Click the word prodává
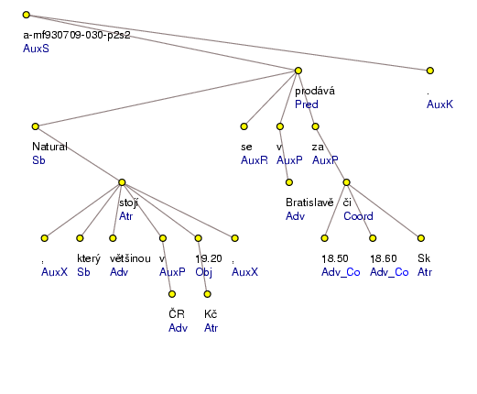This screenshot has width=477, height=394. tap(314, 91)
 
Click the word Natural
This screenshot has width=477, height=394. tap(50, 147)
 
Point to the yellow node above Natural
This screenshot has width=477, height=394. tap(35, 126)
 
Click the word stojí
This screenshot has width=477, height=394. tap(129, 202)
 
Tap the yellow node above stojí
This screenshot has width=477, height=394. tap(122, 182)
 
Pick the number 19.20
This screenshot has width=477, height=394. tap(210, 258)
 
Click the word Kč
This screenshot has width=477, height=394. tap(210, 313)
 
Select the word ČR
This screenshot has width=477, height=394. tap(177, 313)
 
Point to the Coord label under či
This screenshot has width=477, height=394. tap(357, 216)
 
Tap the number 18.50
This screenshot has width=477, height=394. tap(335, 258)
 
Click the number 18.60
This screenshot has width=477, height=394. tap(384, 258)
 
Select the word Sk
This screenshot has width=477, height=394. tap(423, 258)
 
